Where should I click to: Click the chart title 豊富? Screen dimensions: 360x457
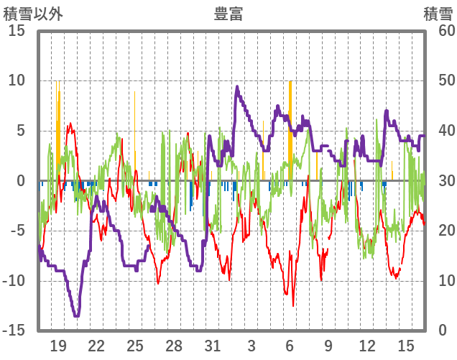[x=228, y=14]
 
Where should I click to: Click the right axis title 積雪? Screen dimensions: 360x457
[x=437, y=14]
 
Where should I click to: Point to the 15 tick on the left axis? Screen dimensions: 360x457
[x=17, y=31]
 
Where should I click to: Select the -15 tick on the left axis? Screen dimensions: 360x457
[x=14, y=330]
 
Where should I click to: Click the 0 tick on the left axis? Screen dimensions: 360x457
[x=21, y=180]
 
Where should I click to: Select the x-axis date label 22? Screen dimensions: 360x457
[x=96, y=345]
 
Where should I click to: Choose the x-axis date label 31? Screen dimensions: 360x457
[x=212, y=345]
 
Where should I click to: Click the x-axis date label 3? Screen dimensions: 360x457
[x=251, y=345]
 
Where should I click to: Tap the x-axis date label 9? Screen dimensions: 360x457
[x=328, y=345]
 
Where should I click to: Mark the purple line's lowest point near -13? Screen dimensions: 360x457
[x=76, y=315]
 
